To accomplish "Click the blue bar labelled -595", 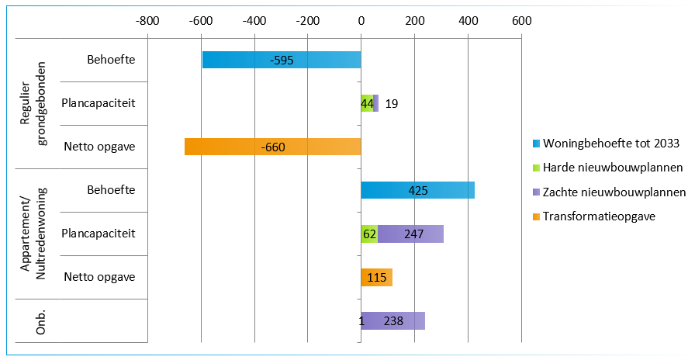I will click(x=282, y=60).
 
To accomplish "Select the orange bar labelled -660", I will click(x=272, y=147).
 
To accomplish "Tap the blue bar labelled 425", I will click(x=417, y=190).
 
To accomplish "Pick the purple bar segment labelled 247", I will click(x=410, y=234).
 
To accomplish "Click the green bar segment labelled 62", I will click(x=369, y=234).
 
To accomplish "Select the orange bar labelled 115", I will click(x=376, y=277).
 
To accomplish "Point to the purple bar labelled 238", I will click(x=393, y=320).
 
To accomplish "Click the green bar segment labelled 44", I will click(x=367, y=103).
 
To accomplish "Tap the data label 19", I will click(x=392, y=103).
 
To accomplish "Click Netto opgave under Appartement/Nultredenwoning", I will click(x=100, y=277).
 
